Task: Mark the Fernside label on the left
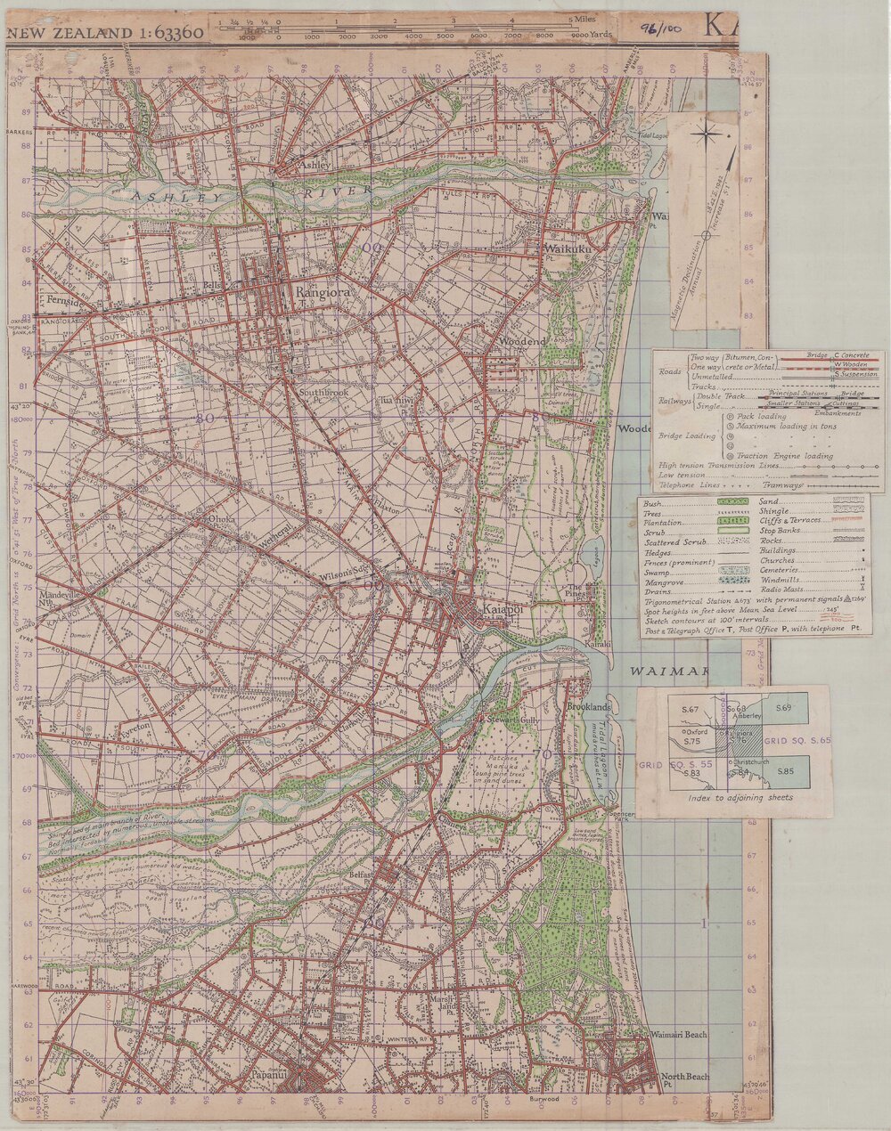tap(70, 301)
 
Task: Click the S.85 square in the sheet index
tap(784, 770)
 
